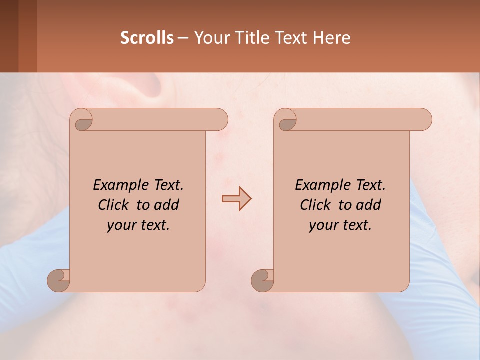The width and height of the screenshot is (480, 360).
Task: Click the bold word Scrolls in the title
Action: point(147,38)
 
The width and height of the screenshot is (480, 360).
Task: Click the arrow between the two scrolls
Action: point(236,199)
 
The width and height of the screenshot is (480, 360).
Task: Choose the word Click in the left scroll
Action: point(113,205)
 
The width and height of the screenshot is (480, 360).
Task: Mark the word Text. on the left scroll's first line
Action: point(167,185)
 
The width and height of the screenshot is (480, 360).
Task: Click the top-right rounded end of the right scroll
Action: point(422,119)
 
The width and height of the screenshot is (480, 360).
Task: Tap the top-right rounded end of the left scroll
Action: point(218,119)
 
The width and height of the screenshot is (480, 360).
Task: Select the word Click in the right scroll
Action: point(315,205)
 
